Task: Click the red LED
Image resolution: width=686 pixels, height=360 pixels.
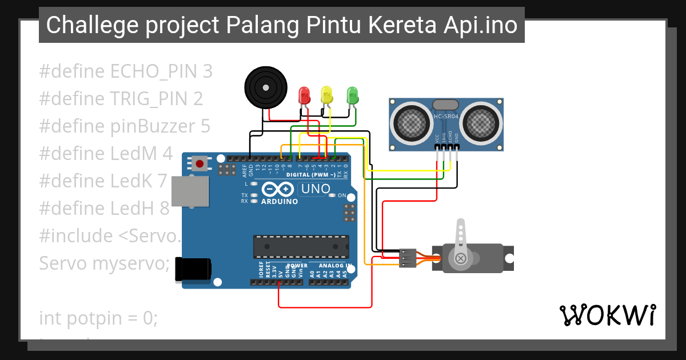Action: pyautogui.click(x=304, y=95)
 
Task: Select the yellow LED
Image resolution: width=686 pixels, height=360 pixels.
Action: pyautogui.click(x=326, y=94)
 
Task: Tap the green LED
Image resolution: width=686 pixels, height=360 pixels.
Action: pyautogui.click(x=353, y=94)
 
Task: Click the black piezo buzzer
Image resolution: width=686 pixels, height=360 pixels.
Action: pyautogui.click(x=265, y=87)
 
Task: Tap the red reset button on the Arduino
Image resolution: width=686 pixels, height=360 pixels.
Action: pyautogui.click(x=200, y=164)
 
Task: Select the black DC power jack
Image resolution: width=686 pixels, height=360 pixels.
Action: pyautogui.click(x=193, y=269)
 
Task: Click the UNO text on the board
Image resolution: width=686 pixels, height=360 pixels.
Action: pyautogui.click(x=316, y=189)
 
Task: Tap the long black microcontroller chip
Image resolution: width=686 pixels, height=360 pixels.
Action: pyautogui.click(x=301, y=246)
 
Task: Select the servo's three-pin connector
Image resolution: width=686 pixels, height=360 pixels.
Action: pyautogui.click(x=408, y=258)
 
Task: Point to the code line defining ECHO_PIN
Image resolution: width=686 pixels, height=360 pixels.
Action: pyautogui.click(x=126, y=71)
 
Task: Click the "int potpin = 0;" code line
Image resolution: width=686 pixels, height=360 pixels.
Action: pyautogui.click(x=98, y=318)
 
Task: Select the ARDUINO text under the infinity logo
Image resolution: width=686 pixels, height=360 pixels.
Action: pyautogui.click(x=280, y=201)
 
